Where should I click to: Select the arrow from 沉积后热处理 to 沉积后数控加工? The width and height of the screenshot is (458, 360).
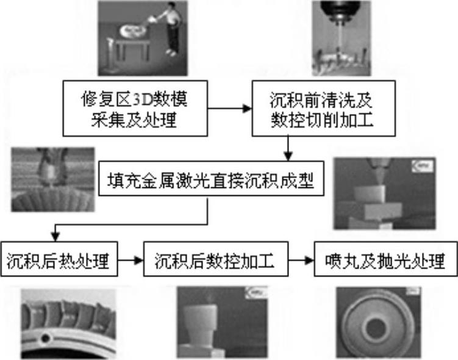pos(130,262)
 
